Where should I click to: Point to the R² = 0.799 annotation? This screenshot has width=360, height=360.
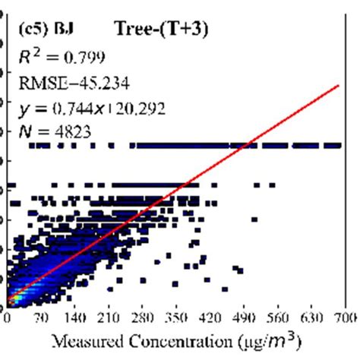pos(58,55)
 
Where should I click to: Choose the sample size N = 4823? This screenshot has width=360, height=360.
pos(54,131)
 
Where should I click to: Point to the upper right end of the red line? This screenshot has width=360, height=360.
pos(337,86)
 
